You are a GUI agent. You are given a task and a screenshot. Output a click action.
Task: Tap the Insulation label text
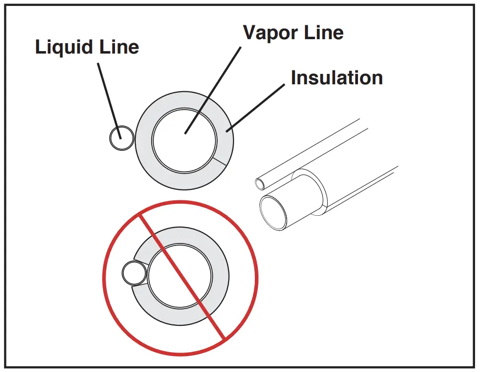(x=337, y=78)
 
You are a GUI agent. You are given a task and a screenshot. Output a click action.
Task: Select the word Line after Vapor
(x=322, y=33)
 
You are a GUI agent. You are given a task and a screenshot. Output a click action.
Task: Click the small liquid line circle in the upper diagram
(x=121, y=137)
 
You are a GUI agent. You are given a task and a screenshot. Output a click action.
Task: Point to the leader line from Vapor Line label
(x=213, y=89)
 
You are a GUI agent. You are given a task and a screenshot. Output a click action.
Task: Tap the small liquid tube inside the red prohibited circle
(x=134, y=273)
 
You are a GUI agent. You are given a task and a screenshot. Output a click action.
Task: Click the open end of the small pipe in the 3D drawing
(x=260, y=185)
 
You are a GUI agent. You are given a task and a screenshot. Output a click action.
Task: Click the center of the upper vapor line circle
(x=184, y=140)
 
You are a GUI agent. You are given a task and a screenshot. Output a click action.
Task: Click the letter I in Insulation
(x=294, y=78)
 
